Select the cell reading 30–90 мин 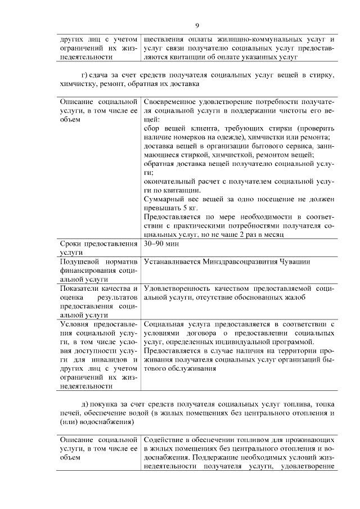click(x=160, y=245)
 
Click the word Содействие click(x=164, y=439)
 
